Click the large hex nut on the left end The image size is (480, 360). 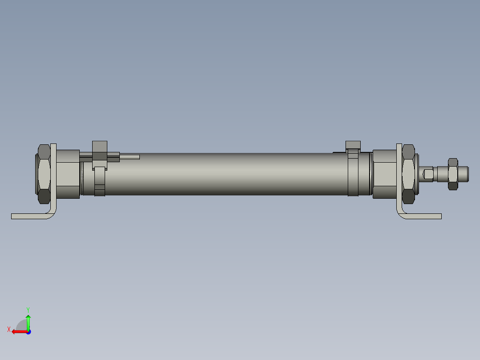tap(44, 174)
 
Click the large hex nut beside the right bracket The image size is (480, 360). tap(408, 174)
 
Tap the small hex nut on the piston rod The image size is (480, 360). tap(453, 174)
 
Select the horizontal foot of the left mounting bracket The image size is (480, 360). tap(29, 216)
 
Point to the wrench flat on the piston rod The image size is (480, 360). tap(428, 174)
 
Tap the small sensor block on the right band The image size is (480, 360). tap(353, 144)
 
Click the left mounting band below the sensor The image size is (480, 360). tap(100, 183)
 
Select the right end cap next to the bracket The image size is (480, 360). tap(384, 174)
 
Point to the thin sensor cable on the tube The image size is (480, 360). tap(130, 157)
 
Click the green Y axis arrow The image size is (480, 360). tap(28, 322)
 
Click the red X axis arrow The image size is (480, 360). tap(18, 331)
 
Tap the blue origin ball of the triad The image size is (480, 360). tap(28, 331)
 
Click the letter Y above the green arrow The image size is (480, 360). tap(28, 309)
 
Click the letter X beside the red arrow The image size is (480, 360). tap(8, 329)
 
